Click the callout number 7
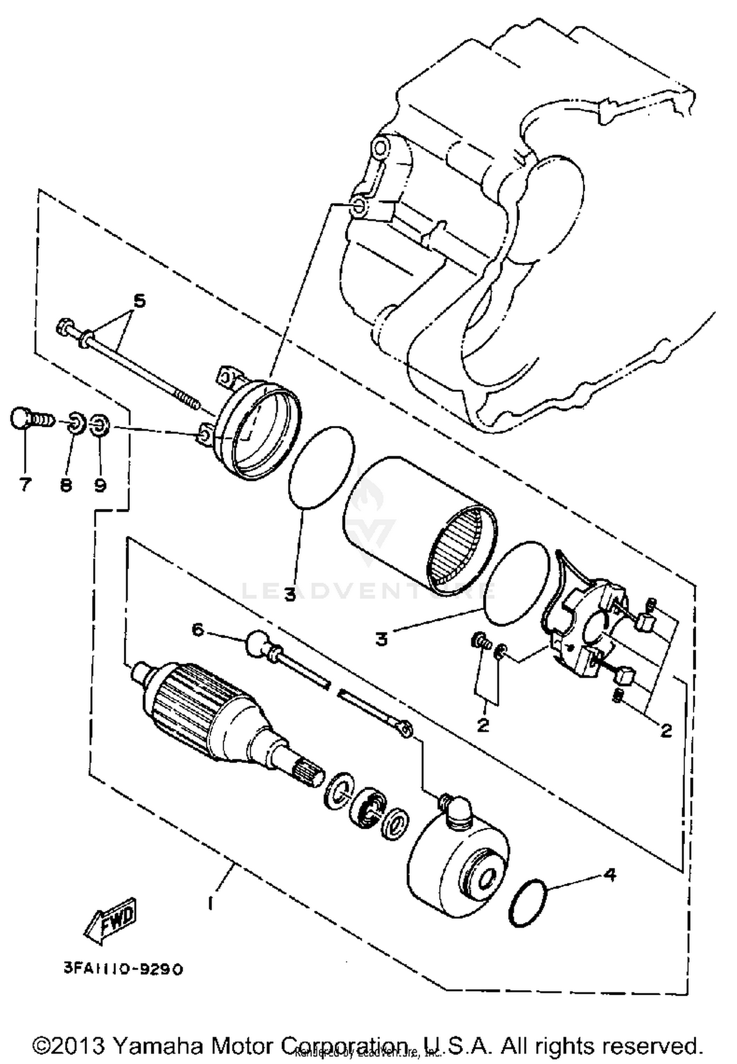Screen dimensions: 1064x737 [x=25, y=485]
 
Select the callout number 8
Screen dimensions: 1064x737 [x=66, y=485]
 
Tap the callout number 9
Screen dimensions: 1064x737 [x=100, y=485]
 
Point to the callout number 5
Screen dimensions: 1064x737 [x=140, y=300]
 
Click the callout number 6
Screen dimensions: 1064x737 [x=198, y=629]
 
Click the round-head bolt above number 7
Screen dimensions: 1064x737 [x=22, y=419]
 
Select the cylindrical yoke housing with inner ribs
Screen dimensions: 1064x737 [x=418, y=523]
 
